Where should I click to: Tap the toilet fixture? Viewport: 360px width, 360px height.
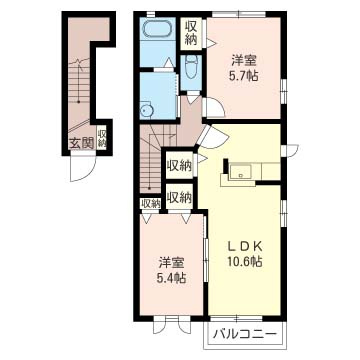pyautogui.click(x=191, y=67)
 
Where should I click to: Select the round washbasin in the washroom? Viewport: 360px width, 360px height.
pyautogui.click(x=146, y=110)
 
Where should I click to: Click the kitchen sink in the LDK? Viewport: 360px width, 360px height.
pyautogui.click(x=239, y=171)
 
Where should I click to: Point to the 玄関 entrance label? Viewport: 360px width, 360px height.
pyautogui.click(x=81, y=143)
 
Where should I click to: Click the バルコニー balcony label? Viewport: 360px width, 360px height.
pyautogui.click(x=245, y=334)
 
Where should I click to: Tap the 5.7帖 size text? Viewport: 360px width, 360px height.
pyautogui.click(x=243, y=77)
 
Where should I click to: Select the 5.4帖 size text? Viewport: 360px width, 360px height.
pyautogui.click(x=171, y=277)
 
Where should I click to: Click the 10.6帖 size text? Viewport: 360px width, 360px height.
pyautogui.click(x=245, y=261)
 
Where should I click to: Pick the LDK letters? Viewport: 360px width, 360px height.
pyautogui.click(x=245, y=247)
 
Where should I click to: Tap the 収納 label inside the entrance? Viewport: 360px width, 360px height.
pyautogui.click(x=102, y=139)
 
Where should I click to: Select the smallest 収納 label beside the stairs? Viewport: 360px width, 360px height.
pyautogui.click(x=150, y=203)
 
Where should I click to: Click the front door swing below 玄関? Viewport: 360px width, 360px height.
pyautogui.click(x=83, y=169)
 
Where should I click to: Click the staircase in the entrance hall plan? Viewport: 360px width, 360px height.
pyautogui.click(x=79, y=90)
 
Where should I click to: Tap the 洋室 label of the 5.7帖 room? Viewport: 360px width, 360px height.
pyautogui.click(x=244, y=62)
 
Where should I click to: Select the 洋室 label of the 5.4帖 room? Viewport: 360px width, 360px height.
pyautogui.click(x=171, y=263)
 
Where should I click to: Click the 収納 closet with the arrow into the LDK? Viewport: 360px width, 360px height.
pyautogui.click(x=180, y=165)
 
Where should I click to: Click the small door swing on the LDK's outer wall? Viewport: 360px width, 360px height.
pyautogui.click(x=289, y=151)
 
